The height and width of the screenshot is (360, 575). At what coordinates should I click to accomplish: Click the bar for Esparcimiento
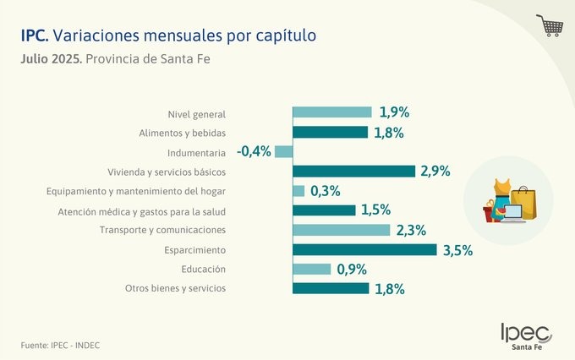pyautogui.click(x=364, y=249)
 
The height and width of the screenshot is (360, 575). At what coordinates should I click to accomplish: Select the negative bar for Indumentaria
pyautogui.click(x=284, y=152)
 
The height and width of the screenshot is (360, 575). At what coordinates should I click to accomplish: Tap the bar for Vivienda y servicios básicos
pyautogui.click(x=353, y=171)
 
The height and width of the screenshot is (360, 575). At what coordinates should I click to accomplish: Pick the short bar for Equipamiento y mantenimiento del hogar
pyautogui.click(x=298, y=191)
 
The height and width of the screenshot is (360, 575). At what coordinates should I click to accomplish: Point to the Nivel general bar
pyautogui.click(x=332, y=112)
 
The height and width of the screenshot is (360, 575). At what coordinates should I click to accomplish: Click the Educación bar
pyautogui.click(x=312, y=269)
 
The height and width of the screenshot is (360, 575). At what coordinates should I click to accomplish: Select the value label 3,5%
pyautogui.click(x=457, y=250)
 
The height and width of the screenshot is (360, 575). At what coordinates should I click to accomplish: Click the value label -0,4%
pyautogui.click(x=254, y=151)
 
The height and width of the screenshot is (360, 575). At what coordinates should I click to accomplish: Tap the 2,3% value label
pyautogui.click(x=411, y=230)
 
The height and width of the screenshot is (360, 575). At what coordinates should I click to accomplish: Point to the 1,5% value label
pyautogui.click(x=376, y=210)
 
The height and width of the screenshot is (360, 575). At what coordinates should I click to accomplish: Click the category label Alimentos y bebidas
pyautogui.click(x=182, y=133)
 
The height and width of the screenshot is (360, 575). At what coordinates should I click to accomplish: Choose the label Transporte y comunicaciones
pyautogui.click(x=162, y=230)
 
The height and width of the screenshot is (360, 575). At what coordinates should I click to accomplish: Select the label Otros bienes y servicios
pyautogui.click(x=175, y=289)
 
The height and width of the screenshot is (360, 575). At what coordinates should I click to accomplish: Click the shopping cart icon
pyautogui.click(x=550, y=25)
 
